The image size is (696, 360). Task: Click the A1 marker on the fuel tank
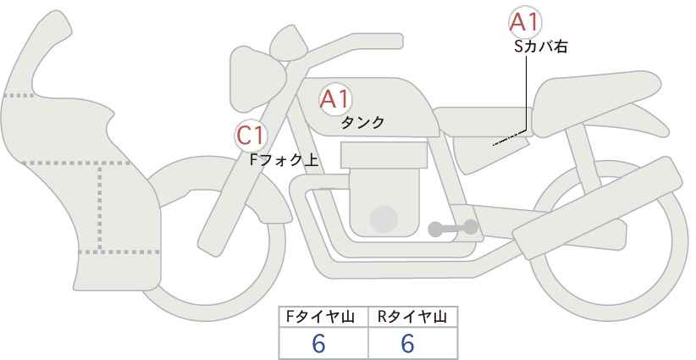(335, 99)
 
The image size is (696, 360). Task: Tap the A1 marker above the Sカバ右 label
(525, 22)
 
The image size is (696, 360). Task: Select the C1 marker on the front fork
(251, 136)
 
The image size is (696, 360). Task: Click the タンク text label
(362, 123)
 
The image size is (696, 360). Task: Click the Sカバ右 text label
(541, 47)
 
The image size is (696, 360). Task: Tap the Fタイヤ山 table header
(319, 317)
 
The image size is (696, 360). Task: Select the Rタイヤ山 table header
(412, 317)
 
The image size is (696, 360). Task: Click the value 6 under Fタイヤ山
(318, 343)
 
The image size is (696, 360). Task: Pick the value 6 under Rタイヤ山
(407, 343)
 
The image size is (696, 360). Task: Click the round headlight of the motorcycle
(256, 79)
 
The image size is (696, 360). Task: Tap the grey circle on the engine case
(384, 219)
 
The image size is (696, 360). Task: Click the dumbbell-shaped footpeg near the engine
(453, 228)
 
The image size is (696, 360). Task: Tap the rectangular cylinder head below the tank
(384, 155)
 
